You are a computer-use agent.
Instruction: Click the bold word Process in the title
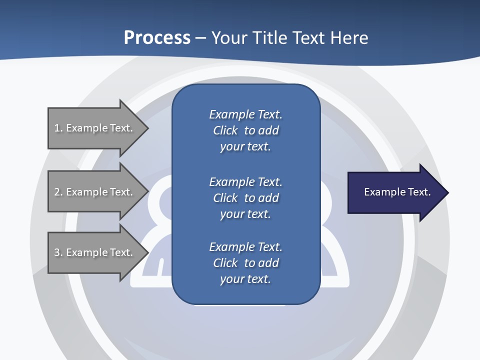(157, 37)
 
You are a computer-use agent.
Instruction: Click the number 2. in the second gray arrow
(58, 192)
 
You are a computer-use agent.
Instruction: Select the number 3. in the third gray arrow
(58, 252)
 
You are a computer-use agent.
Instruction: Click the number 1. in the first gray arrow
(58, 128)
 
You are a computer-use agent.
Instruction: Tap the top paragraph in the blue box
(245, 130)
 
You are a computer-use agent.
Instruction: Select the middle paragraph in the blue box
(245, 198)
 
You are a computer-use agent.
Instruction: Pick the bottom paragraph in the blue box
(245, 263)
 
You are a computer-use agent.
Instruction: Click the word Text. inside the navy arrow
(419, 192)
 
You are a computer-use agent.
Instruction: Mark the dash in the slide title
(201, 37)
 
